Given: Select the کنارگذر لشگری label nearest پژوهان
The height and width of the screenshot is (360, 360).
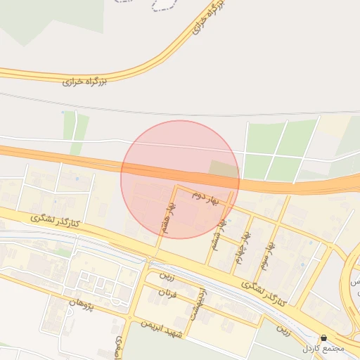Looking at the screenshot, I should (x=57, y=221).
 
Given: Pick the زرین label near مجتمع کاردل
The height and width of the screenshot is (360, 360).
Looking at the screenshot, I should (x=283, y=328).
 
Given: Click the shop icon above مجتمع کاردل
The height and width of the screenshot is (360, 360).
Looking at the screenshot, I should (x=323, y=338).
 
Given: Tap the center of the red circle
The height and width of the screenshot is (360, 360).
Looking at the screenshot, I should (x=180, y=179).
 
